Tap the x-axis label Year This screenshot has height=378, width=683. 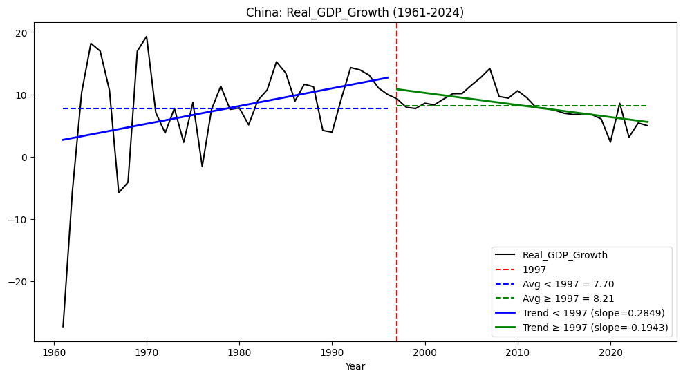(x=355, y=367)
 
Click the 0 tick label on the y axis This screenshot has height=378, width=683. (x=25, y=158)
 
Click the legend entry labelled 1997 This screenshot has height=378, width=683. (x=534, y=270)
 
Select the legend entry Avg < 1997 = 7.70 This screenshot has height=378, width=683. (x=568, y=284)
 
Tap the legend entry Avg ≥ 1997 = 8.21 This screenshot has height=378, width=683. (x=568, y=299)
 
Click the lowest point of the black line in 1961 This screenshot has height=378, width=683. (x=63, y=326)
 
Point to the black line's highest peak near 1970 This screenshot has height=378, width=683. (x=147, y=37)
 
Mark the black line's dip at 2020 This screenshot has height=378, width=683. (x=610, y=142)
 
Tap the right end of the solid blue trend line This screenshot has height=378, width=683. (x=388, y=77)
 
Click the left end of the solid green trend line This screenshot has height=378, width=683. (x=397, y=89)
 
